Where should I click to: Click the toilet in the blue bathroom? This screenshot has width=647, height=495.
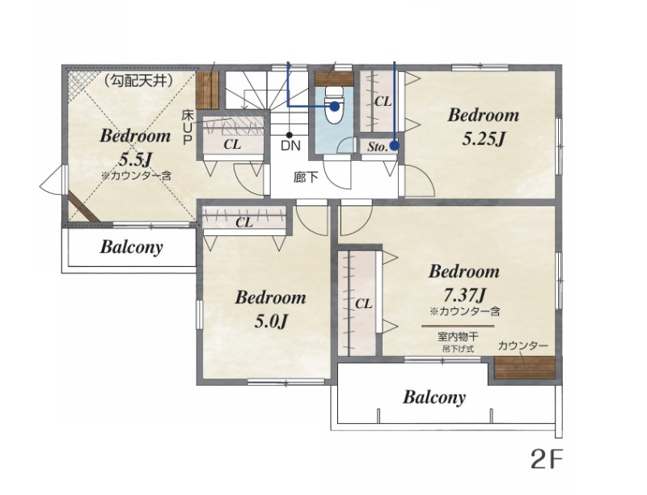[334, 106]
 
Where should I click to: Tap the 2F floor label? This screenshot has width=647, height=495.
[547, 459]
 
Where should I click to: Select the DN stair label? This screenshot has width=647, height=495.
[290, 146]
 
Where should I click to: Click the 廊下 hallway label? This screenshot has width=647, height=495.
[306, 177]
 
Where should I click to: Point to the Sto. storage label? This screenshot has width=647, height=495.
[377, 146]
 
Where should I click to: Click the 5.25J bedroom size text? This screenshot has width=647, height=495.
[483, 139]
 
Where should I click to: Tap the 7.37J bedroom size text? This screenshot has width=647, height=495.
[463, 294]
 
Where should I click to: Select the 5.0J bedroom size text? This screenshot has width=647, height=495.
[270, 321]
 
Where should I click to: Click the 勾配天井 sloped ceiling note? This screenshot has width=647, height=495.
[137, 80]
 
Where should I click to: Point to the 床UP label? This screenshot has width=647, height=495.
[187, 127]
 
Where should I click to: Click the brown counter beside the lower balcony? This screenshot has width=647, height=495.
[524, 368]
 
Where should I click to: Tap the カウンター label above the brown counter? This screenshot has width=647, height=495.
[522, 345]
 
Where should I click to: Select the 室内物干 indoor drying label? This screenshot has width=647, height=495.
[458, 336]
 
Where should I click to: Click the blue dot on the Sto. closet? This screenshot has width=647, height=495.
[395, 146]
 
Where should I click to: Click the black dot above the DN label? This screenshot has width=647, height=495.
[290, 135]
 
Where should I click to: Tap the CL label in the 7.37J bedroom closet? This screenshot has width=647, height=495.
[363, 304]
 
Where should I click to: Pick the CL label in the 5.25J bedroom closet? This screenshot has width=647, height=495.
[383, 101]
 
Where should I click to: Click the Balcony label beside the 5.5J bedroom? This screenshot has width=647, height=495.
[131, 247]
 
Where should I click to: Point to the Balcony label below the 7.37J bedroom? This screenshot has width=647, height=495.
[434, 397]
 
